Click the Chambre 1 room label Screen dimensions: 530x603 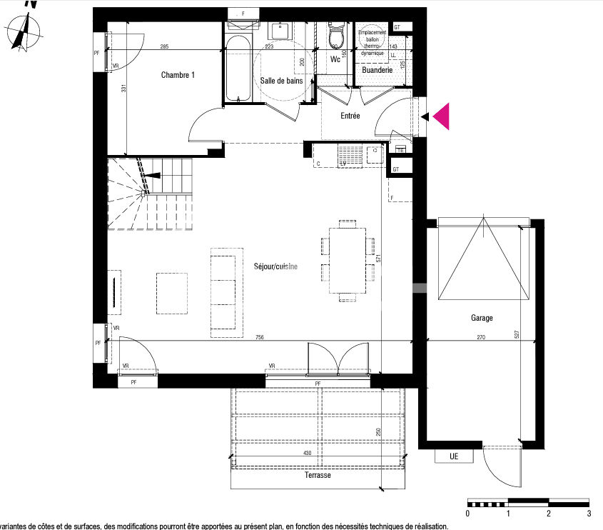[x=178, y=75]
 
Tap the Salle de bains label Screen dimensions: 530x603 [x=280, y=81]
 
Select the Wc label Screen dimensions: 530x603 [x=335, y=59]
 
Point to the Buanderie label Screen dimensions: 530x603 [x=377, y=71]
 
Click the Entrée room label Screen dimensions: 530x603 [x=350, y=116]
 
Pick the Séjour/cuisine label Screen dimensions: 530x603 [x=275, y=266]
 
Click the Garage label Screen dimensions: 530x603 [x=481, y=319]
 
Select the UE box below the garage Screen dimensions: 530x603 [x=454, y=456]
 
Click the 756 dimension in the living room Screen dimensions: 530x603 [x=259, y=337]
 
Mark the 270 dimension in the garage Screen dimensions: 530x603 [x=481, y=337]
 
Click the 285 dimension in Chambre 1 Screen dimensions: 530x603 [x=164, y=47]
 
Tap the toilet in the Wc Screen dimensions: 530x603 [x=335, y=34]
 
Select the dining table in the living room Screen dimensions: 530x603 [x=348, y=261]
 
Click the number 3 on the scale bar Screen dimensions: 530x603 [x=589, y=514]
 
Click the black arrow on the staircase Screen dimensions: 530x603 [x=154, y=176]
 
